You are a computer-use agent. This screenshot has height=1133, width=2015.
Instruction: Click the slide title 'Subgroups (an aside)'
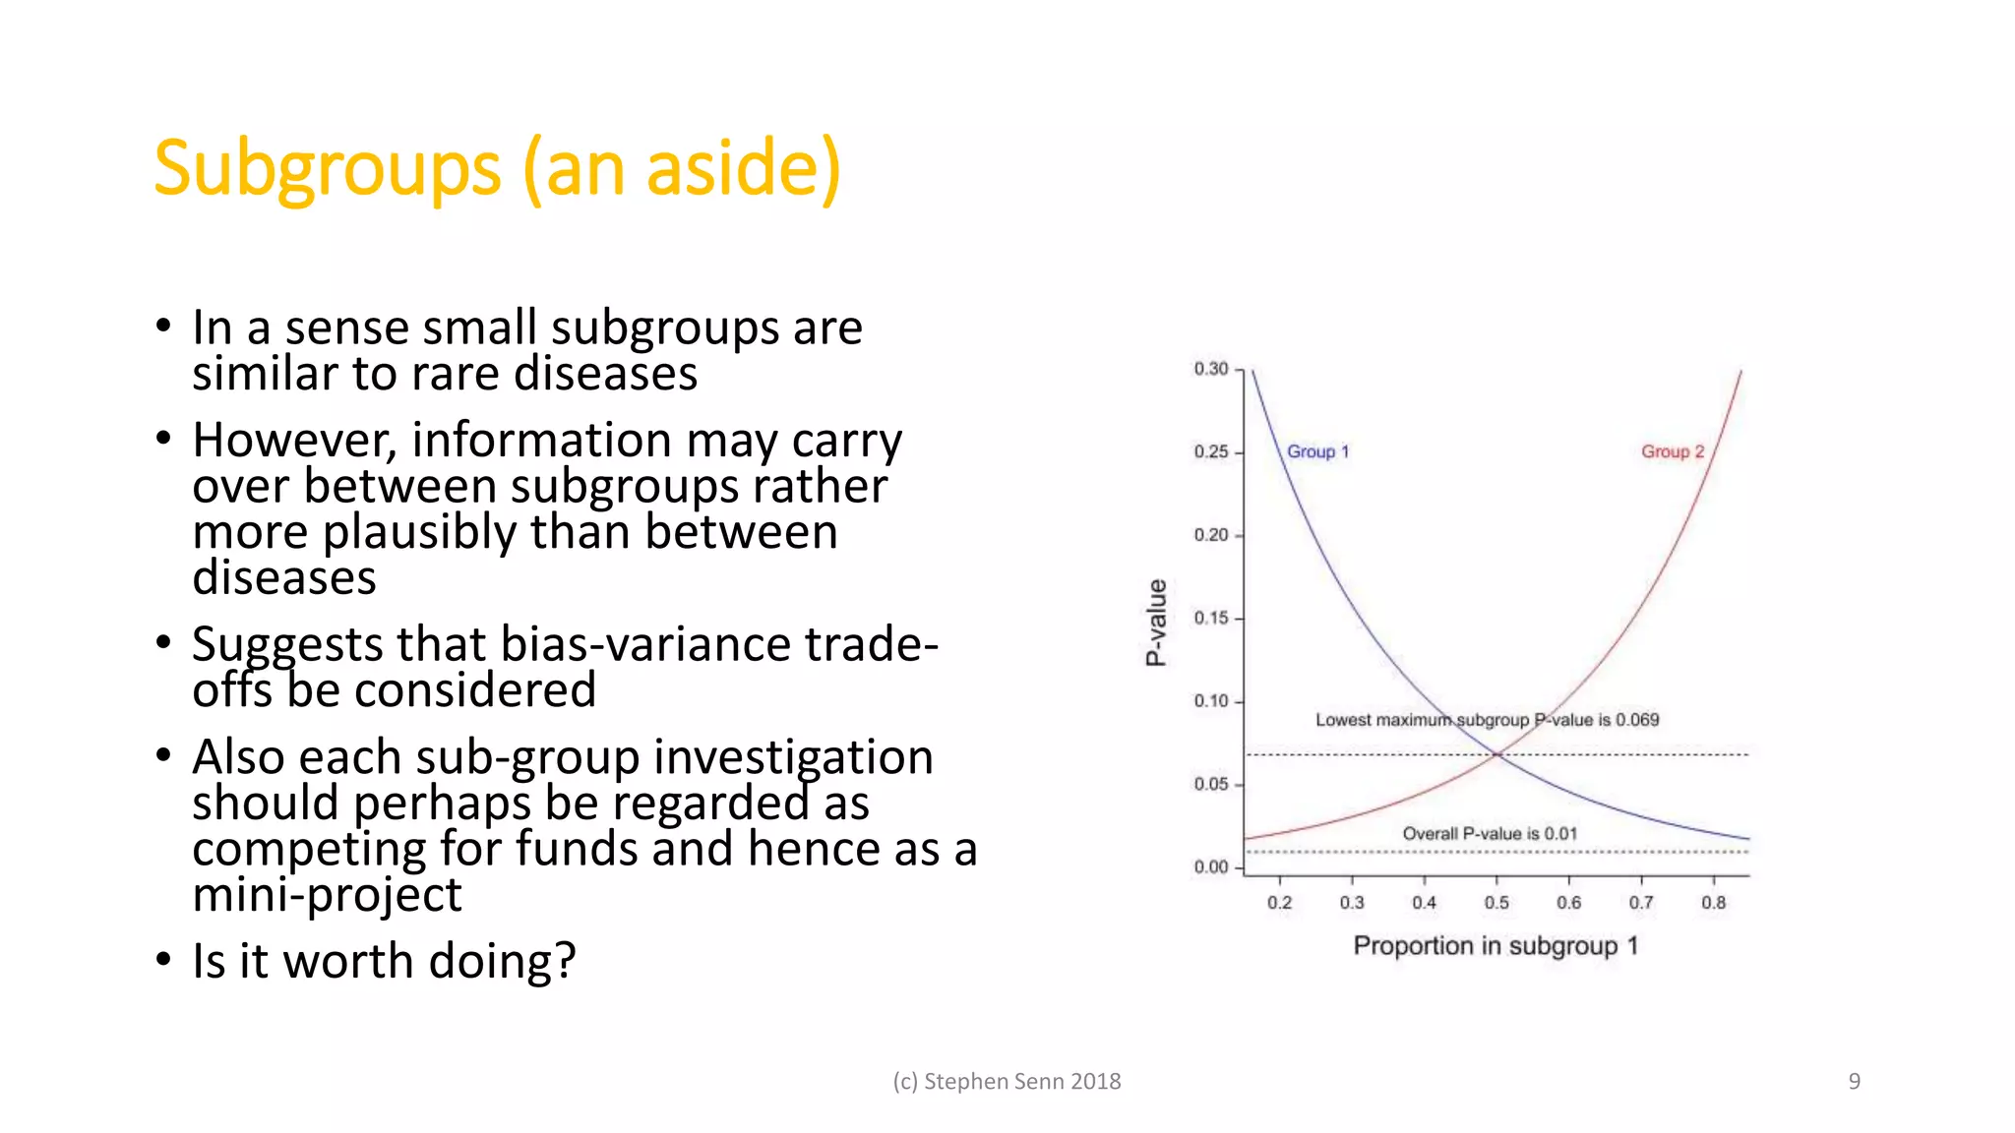tap(497, 169)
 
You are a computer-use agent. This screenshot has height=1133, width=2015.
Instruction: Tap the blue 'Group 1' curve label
tap(1317, 451)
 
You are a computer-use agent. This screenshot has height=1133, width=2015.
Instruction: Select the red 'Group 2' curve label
tap(1672, 451)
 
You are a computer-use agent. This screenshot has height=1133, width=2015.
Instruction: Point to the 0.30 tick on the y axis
tap(1211, 369)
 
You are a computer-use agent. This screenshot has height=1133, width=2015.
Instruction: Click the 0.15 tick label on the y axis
tap(1211, 618)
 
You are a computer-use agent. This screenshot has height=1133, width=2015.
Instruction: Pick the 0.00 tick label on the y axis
tap(1211, 866)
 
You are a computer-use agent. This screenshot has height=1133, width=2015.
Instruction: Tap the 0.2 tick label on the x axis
tap(1279, 902)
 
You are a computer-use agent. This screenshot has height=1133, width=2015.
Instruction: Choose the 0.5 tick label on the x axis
tap(1496, 902)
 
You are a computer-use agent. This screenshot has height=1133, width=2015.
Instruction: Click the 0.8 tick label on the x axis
tap(1713, 902)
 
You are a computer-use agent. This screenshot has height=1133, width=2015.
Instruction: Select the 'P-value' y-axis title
tap(1157, 623)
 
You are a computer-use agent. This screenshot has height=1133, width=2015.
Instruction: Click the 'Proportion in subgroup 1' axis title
tap(1496, 945)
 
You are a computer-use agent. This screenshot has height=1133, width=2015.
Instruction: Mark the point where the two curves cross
tap(1497, 754)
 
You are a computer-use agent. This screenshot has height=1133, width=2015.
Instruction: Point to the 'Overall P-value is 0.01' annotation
tap(1490, 833)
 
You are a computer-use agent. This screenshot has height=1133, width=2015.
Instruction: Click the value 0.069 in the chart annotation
tap(1637, 720)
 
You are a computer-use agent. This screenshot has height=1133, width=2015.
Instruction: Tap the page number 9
tap(1854, 1081)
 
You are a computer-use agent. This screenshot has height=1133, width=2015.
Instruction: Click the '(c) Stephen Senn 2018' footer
tap(1007, 1081)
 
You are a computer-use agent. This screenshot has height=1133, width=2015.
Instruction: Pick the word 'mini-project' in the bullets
tap(327, 895)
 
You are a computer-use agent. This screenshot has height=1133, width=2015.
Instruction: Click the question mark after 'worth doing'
tap(565, 961)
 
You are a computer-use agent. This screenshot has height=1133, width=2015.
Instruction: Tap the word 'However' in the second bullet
tap(294, 441)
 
